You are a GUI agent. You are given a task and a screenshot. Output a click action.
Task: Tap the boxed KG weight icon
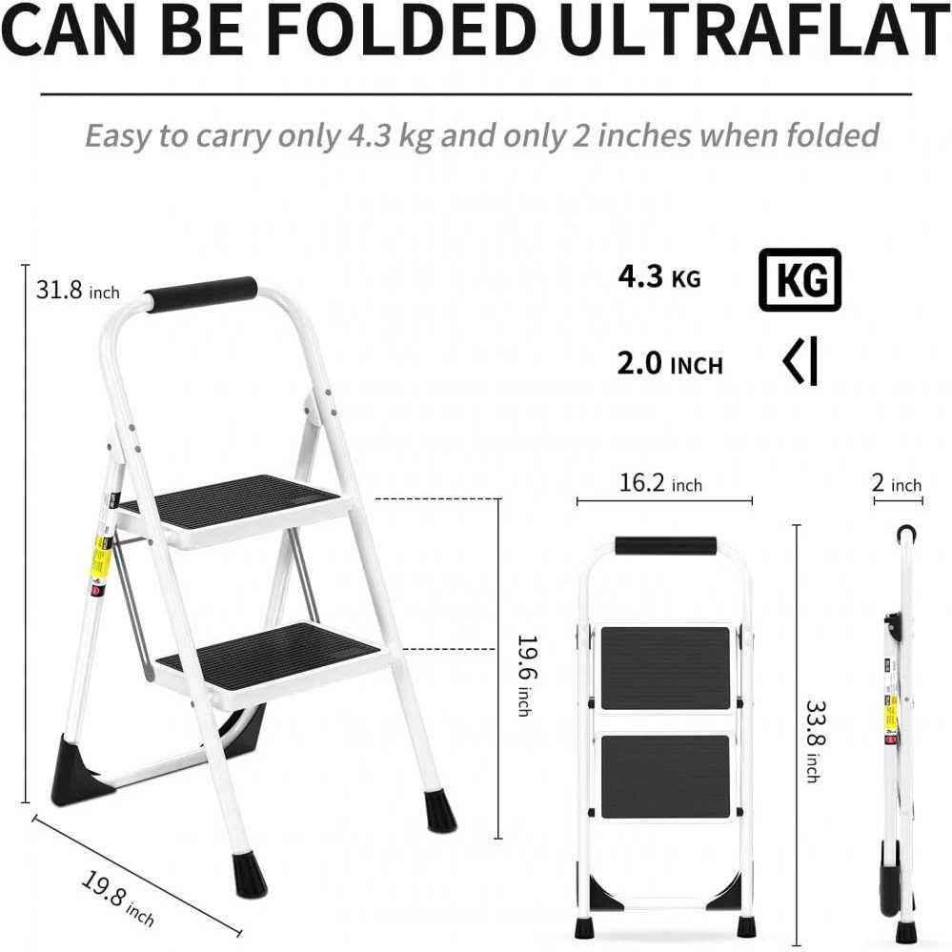(x=800, y=279)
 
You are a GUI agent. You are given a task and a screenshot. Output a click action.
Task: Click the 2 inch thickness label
(x=897, y=484)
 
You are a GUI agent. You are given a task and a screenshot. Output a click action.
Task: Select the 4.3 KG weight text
(x=658, y=278)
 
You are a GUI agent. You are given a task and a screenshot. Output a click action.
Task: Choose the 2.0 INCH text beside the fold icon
(x=670, y=364)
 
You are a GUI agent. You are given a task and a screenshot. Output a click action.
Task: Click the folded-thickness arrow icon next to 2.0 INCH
(x=800, y=363)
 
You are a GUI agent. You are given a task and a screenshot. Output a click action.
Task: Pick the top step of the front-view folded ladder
(x=665, y=667)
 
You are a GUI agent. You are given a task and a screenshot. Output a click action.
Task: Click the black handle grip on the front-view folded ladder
(x=665, y=546)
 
